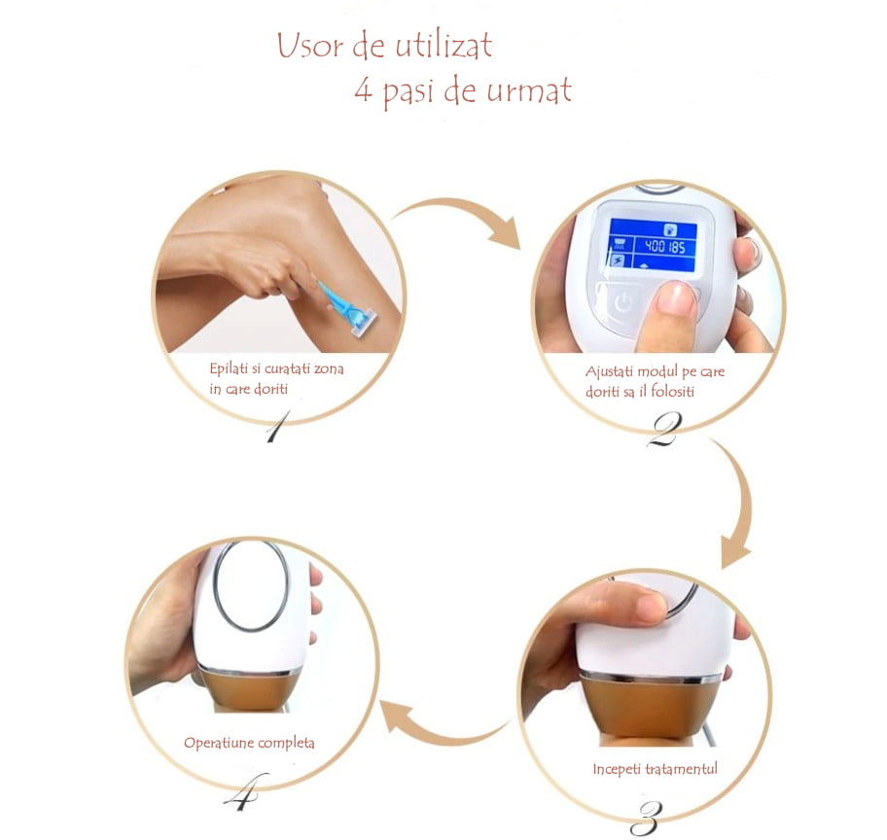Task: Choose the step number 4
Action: (x=242, y=795)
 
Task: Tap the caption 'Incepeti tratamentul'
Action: (x=655, y=769)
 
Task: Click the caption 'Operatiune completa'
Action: (x=249, y=743)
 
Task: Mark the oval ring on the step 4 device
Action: (x=251, y=585)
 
